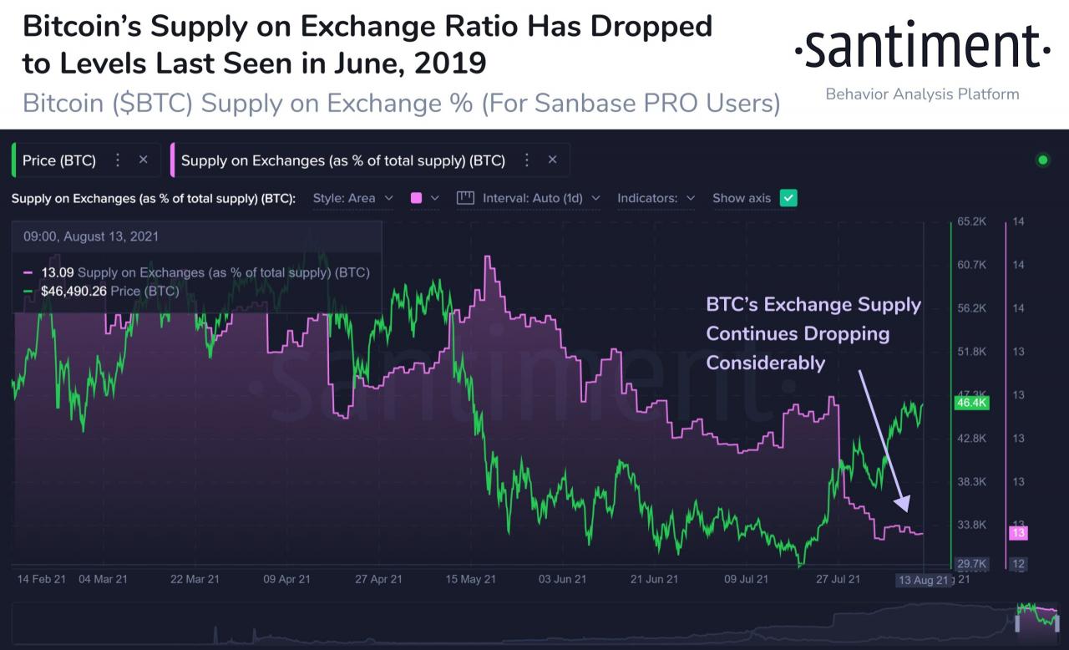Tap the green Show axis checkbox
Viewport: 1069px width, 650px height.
point(788,198)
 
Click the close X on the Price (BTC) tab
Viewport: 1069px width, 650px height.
point(143,160)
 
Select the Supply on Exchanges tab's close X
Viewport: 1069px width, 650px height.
point(552,160)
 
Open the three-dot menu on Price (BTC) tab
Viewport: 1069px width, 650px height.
point(118,160)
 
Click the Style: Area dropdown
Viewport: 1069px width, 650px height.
point(352,198)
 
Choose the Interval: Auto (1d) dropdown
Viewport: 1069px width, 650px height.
point(529,198)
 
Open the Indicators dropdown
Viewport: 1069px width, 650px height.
point(656,198)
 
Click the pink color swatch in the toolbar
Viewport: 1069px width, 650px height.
point(416,198)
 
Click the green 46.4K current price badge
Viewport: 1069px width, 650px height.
point(970,403)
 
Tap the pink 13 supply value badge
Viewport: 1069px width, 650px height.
point(1017,532)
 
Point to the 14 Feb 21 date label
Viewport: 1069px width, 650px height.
point(40,579)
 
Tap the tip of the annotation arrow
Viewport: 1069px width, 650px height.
point(905,510)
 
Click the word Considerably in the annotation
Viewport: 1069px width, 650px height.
point(765,363)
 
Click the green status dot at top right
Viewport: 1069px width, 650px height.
point(1042,160)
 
